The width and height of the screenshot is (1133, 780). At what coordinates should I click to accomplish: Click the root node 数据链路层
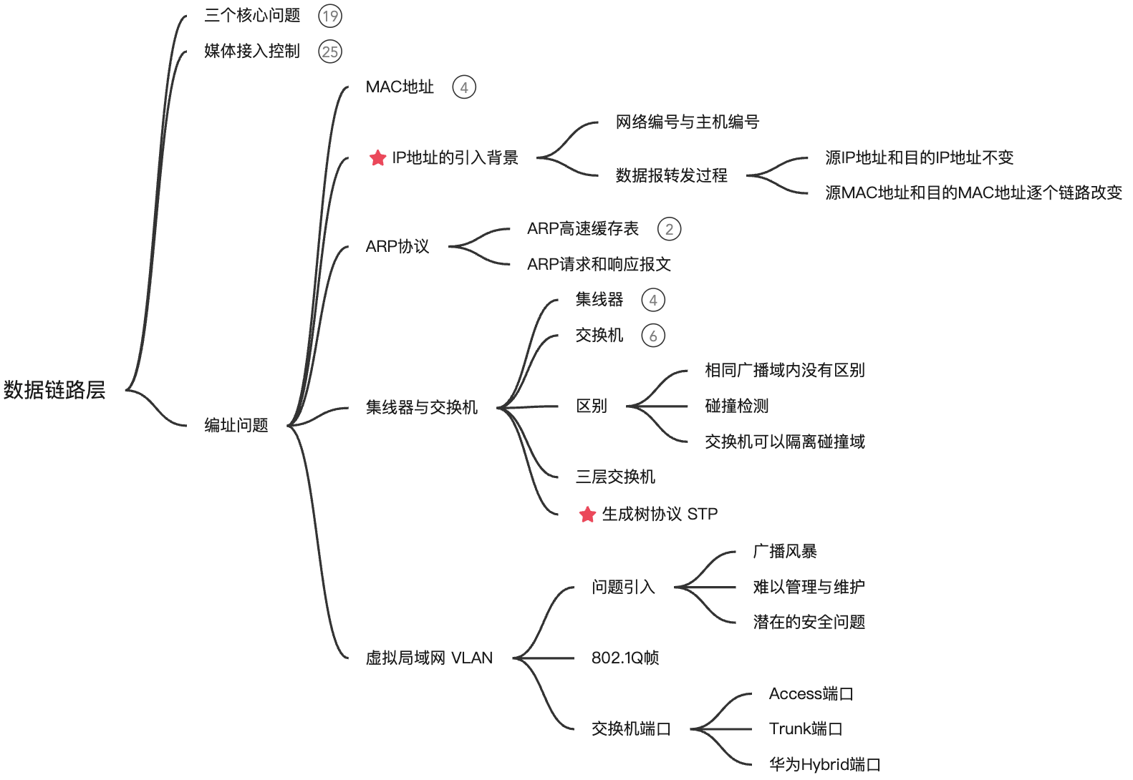(x=54, y=390)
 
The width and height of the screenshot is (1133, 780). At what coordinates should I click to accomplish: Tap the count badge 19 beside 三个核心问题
(x=330, y=16)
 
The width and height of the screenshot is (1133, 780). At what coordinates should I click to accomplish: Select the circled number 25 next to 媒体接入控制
(x=330, y=52)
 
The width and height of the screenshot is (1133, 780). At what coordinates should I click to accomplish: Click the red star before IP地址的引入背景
(x=377, y=158)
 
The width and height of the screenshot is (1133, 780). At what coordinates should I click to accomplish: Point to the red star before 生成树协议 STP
(x=587, y=515)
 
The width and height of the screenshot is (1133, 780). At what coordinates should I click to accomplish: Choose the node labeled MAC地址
(x=400, y=87)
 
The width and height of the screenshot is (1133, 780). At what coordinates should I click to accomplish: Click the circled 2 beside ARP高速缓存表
(x=669, y=229)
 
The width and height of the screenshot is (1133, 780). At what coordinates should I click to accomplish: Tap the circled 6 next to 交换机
(x=653, y=336)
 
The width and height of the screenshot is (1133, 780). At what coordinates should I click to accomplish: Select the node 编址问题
(x=236, y=426)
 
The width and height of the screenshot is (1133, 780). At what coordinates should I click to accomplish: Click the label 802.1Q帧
(x=625, y=658)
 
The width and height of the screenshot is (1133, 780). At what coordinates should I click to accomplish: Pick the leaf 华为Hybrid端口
(x=824, y=765)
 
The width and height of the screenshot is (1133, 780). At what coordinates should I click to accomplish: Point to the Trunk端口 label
(x=806, y=729)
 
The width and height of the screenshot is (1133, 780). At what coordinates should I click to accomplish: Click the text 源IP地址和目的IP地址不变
(x=920, y=158)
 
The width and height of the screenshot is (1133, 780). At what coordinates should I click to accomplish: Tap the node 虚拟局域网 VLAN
(x=429, y=658)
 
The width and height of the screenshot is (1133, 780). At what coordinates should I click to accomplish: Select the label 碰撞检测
(x=737, y=406)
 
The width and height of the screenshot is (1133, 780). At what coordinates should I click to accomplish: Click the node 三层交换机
(x=615, y=477)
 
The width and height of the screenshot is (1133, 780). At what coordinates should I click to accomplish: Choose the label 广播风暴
(x=785, y=552)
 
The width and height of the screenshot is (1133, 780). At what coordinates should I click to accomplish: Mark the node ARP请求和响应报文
(x=599, y=265)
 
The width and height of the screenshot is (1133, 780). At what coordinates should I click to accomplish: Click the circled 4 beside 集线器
(x=653, y=301)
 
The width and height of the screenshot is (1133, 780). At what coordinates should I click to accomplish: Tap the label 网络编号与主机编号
(x=688, y=122)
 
